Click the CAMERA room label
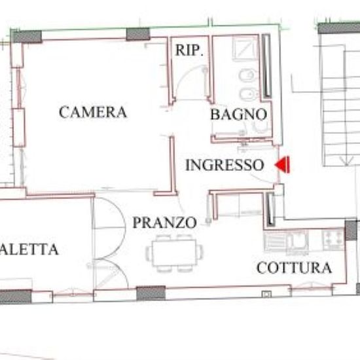tap(92, 112)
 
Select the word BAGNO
tap(238, 115)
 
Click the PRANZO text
tap(164, 223)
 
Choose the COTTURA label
tap(294, 268)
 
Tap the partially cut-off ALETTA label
tap(29, 249)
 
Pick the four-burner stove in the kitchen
tap(332, 240)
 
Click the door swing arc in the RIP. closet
tap(190, 81)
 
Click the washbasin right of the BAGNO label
tap(262, 128)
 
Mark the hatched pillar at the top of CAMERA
tap(138, 34)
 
